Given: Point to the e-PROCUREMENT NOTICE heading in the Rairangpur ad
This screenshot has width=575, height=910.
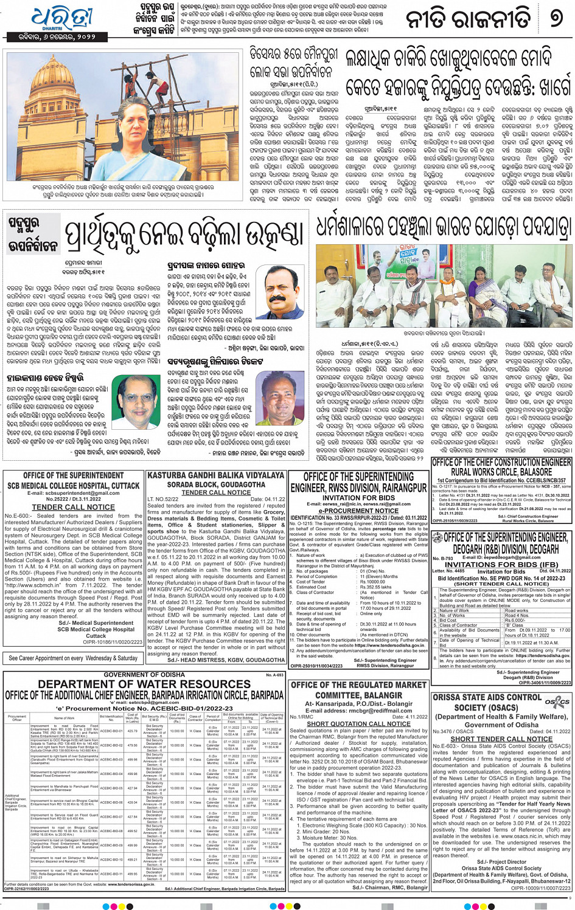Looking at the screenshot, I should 358,511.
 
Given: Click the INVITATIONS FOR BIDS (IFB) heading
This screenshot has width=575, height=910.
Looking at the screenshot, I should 501,564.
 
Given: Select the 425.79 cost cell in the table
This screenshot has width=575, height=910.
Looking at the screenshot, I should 133,731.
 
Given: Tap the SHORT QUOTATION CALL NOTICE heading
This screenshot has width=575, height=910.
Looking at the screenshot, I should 358,724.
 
